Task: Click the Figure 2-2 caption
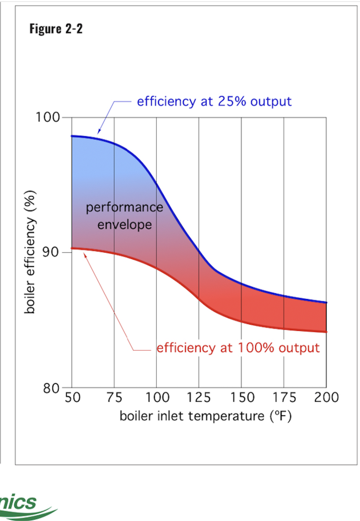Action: (x=56, y=29)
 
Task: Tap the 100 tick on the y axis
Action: (x=48, y=117)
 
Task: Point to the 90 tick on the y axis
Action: (x=51, y=252)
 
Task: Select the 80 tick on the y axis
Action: (x=51, y=388)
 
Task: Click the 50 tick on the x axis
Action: (x=73, y=398)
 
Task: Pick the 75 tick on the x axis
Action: (x=114, y=398)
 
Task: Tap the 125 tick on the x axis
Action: (x=199, y=398)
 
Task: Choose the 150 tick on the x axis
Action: (x=242, y=398)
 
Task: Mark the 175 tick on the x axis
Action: (x=284, y=398)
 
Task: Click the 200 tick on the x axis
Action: (x=326, y=398)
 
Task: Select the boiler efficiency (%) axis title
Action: (x=30, y=252)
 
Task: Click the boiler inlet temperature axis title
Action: (x=205, y=416)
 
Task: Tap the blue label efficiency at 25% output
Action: (x=214, y=101)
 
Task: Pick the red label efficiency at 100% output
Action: (x=238, y=348)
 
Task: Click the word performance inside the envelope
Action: (x=124, y=208)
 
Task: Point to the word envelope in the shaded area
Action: (x=125, y=225)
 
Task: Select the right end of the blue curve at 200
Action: (x=326, y=302)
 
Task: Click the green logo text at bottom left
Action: (x=19, y=502)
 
